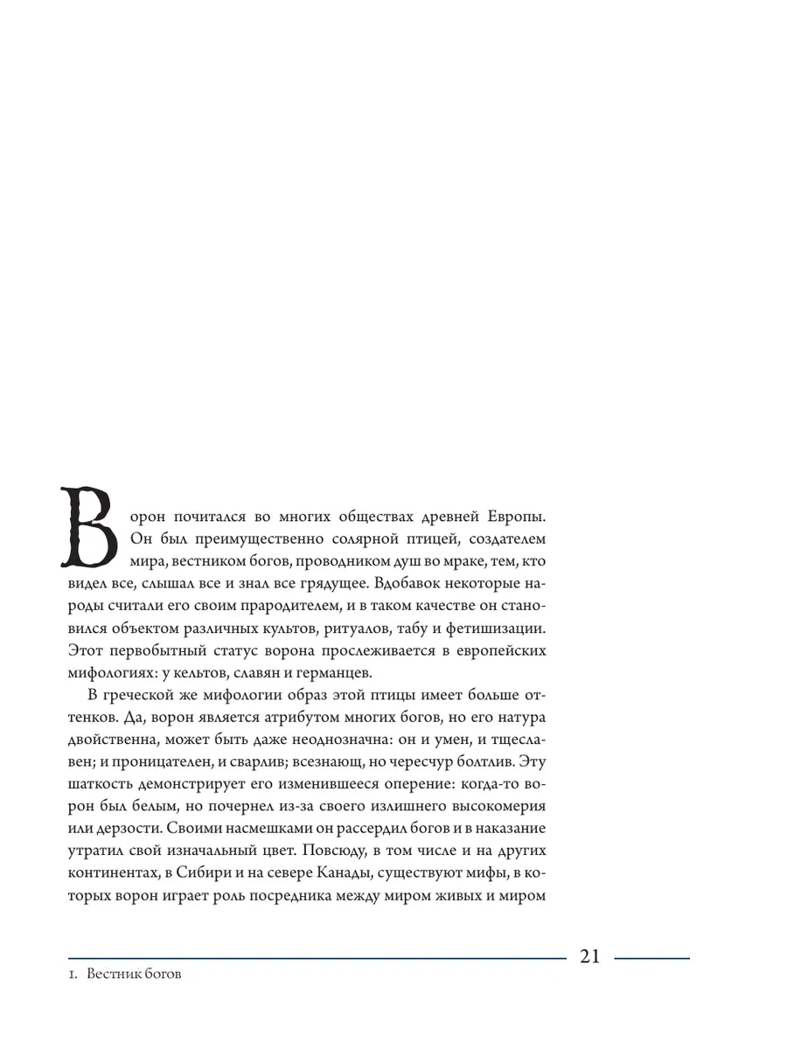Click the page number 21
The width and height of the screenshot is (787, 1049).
click(589, 956)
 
